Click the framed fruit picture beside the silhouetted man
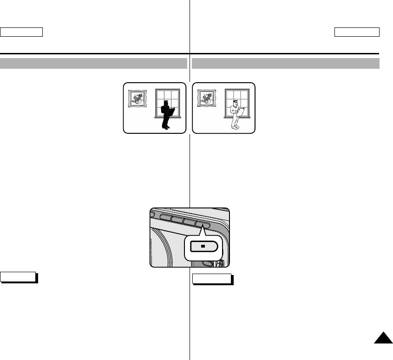pyautogui.click(x=137, y=99)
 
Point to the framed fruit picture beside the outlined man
pyautogui.click(x=207, y=99)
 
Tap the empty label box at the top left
pyautogui.click(x=21, y=32)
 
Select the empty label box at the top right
pyautogui.click(x=357, y=32)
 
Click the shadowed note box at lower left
pyautogui.click(x=19, y=277)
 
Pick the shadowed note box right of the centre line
pyautogui.click(x=211, y=279)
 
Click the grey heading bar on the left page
pyautogui.click(x=93, y=63)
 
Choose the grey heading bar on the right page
pyautogui.click(x=286, y=63)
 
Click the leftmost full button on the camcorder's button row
pyautogui.click(x=165, y=216)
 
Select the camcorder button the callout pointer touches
pyautogui.click(x=203, y=225)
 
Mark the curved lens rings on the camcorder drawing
pyautogui.click(x=165, y=249)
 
